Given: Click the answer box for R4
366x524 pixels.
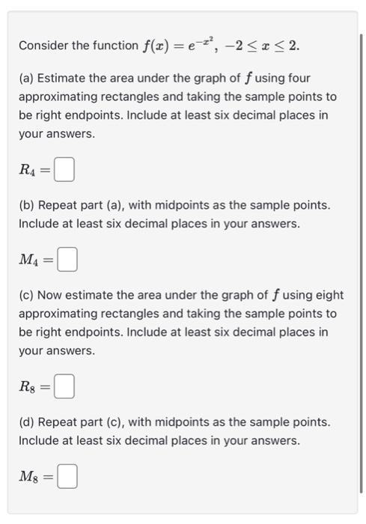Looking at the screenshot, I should click(x=65, y=171).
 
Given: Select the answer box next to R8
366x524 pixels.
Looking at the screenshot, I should click(x=65, y=387).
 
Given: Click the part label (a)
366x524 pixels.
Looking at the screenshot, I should click(x=28, y=78).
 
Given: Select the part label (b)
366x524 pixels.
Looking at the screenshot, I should click(x=28, y=204).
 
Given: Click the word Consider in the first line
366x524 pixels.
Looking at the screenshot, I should click(x=44, y=46).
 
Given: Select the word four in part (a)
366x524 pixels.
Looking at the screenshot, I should click(x=298, y=78).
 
